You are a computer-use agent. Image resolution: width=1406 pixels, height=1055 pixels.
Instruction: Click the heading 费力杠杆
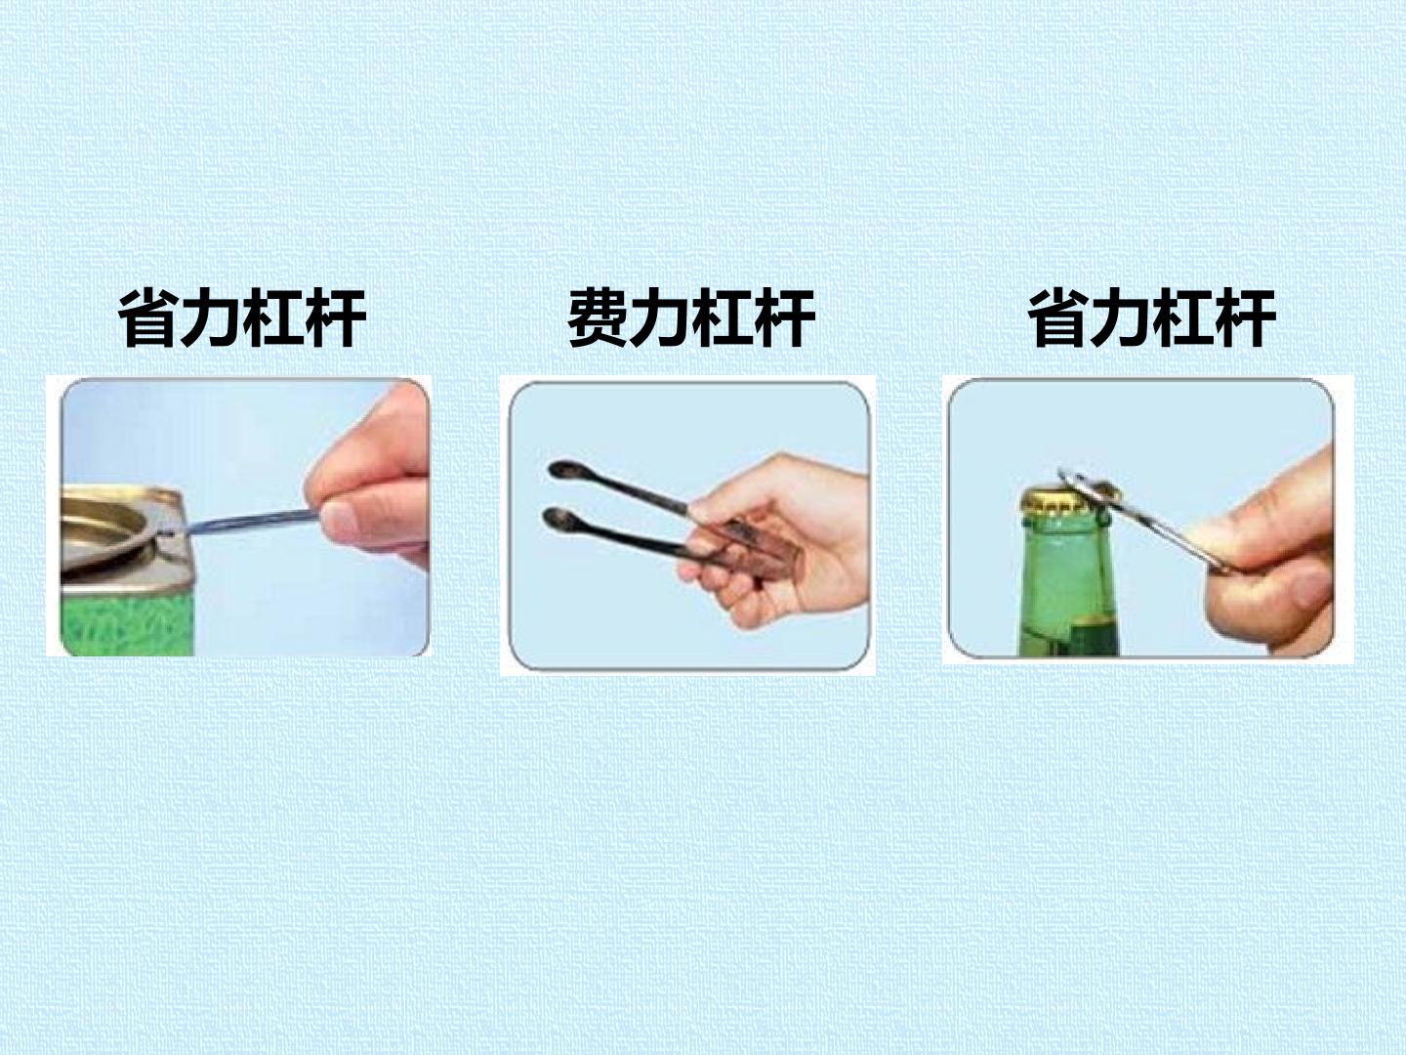tap(691, 317)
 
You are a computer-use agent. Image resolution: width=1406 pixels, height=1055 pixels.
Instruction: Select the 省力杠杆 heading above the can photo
tap(241, 317)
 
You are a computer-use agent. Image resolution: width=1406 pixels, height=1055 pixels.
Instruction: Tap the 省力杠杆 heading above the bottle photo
tap(1152, 317)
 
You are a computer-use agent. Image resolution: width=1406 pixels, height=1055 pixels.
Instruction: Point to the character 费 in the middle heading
tap(598, 317)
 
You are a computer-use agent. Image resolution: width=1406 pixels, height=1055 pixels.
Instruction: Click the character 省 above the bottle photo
tap(1058, 317)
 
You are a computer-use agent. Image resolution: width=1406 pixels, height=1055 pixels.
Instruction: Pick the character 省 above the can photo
tap(148, 317)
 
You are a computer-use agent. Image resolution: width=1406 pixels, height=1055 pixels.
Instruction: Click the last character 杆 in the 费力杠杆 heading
tap(785, 317)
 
